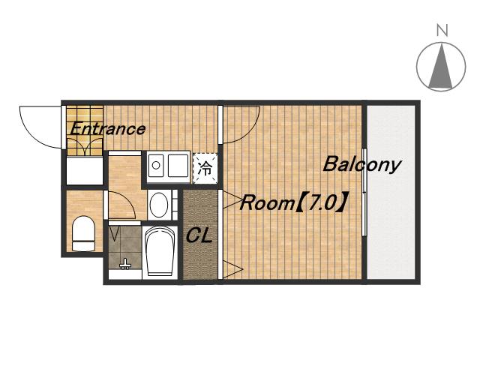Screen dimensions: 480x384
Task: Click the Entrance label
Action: tap(108, 129)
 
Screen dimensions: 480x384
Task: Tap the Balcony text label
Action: tap(361, 165)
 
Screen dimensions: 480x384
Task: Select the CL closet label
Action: tap(199, 235)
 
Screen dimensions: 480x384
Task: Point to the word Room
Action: tap(267, 203)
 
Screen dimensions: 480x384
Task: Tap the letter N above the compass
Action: tap(442, 30)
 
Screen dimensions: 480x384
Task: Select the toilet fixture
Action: tap(83, 234)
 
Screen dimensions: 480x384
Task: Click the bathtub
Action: tap(159, 252)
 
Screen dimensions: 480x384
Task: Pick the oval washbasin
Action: tap(159, 205)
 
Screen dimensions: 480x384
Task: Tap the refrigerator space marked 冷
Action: tap(205, 168)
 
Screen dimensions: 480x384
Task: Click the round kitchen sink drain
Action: tap(156, 165)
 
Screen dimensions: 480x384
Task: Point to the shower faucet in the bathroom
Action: tap(125, 264)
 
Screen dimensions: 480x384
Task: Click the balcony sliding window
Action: tap(364, 192)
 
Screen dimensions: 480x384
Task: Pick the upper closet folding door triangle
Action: tap(232, 200)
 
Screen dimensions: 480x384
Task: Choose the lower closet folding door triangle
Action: tap(232, 269)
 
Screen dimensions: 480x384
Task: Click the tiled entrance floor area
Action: tap(85, 130)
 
